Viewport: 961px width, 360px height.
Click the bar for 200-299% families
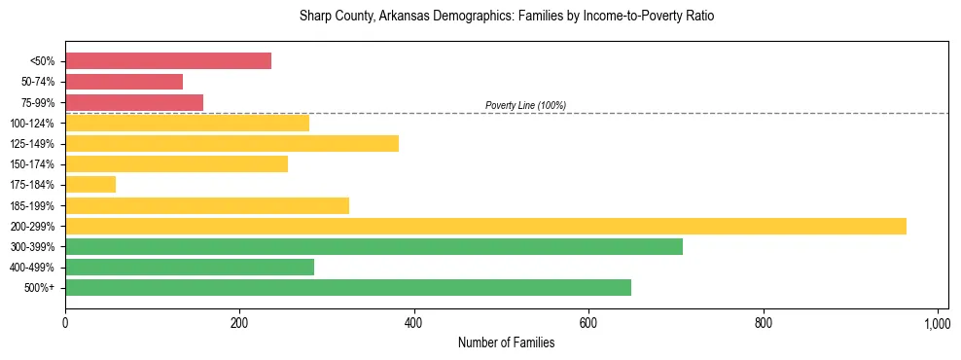point(485,226)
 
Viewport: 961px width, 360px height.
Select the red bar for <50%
point(168,61)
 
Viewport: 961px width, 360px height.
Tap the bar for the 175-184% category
point(90,185)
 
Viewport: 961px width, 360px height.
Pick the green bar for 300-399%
point(374,246)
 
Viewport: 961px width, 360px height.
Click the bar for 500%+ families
point(348,287)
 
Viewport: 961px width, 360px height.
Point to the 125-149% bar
point(231,143)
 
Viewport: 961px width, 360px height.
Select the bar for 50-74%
point(124,82)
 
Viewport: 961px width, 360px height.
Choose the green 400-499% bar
point(190,267)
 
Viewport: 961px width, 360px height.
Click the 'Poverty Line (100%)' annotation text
point(525,105)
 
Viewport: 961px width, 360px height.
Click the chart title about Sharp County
point(507,17)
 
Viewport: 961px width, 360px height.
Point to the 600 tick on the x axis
point(588,322)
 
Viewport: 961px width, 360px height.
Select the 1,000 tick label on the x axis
point(937,322)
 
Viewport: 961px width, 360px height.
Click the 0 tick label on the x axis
point(65,322)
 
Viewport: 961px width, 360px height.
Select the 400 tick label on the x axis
point(414,322)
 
